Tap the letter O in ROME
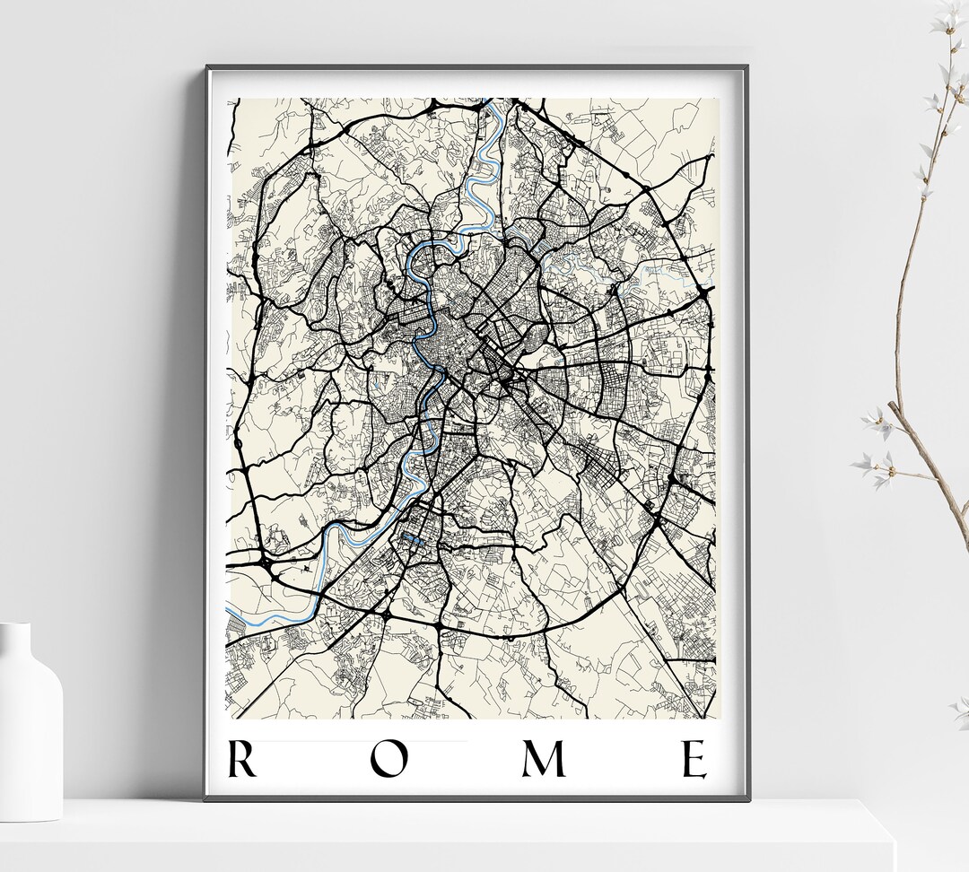[390, 760]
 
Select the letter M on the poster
[545, 760]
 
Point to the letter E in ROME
[695, 760]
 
